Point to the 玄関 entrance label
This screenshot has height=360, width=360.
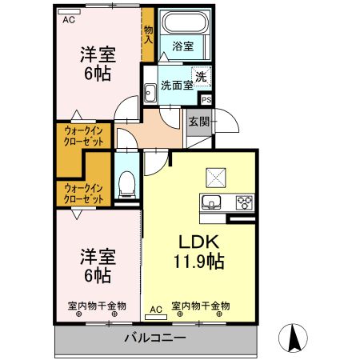pyautogui.click(x=199, y=122)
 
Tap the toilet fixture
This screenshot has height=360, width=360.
pyautogui.click(x=126, y=186)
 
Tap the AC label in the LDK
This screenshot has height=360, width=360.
pyautogui.click(x=155, y=308)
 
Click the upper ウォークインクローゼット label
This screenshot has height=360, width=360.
pyautogui.click(x=84, y=135)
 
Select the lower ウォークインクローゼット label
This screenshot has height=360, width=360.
pyautogui.click(x=84, y=193)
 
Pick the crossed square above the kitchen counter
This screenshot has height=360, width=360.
pyautogui.click(x=217, y=175)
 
